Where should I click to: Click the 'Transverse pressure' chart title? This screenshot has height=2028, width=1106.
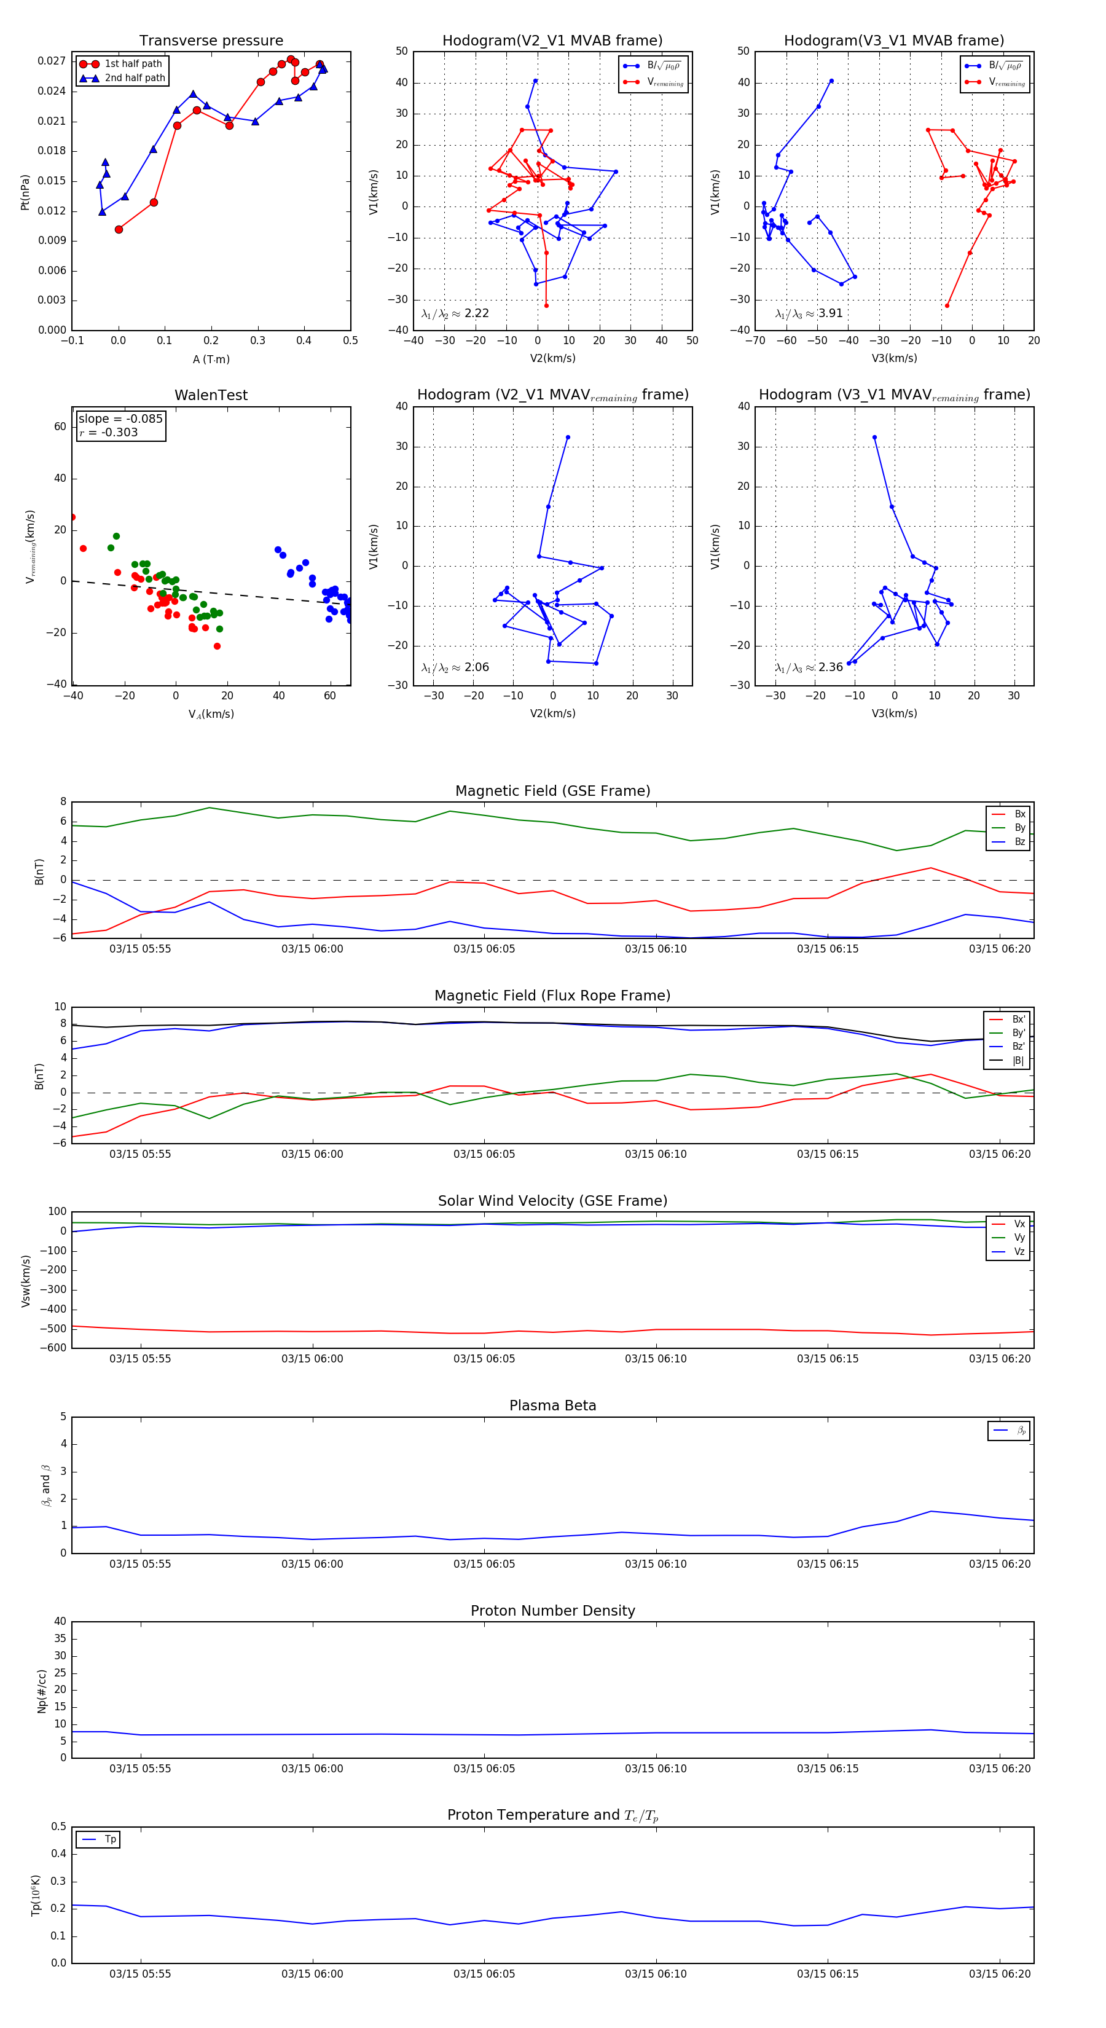click(211, 41)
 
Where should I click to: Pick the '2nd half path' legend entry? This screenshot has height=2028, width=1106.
click(135, 78)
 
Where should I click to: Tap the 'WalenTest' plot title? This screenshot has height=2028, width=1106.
click(211, 395)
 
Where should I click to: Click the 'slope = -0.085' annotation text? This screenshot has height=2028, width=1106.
click(120, 419)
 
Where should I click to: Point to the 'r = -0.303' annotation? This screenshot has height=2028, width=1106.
click(109, 432)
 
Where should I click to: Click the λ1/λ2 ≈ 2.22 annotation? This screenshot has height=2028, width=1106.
click(455, 313)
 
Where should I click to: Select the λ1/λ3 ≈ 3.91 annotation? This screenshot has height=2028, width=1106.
click(809, 313)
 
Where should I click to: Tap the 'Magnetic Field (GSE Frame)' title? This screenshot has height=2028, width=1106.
click(552, 791)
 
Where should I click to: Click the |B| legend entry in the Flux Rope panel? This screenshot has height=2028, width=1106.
click(1018, 1061)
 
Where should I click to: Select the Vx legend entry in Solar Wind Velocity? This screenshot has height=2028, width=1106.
click(1019, 1224)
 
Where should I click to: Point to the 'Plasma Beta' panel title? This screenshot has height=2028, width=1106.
click(552, 1406)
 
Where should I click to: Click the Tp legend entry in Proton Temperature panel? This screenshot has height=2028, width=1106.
click(110, 1840)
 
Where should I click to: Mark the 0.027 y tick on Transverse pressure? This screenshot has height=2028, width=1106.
click(52, 61)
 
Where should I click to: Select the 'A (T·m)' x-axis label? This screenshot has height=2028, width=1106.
click(211, 360)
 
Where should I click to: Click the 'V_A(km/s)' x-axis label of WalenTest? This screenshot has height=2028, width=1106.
click(211, 714)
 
